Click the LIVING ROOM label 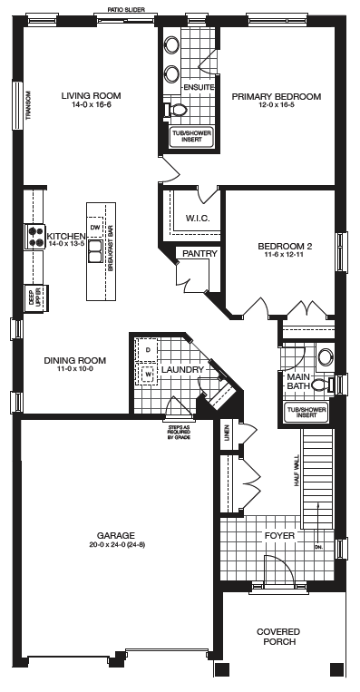[91, 96]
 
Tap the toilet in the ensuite [176, 110]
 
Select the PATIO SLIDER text [126, 9]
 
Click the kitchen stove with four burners [34, 237]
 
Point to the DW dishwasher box [95, 228]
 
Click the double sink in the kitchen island [95, 250]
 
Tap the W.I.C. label [198, 219]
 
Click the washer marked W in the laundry [148, 375]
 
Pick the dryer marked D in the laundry [148, 350]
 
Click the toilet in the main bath [323, 385]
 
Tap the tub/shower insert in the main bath [306, 413]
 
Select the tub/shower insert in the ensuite [192, 136]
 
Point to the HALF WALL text [297, 471]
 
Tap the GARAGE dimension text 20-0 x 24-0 [117, 545]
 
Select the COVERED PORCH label [278, 637]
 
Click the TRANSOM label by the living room [28, 105]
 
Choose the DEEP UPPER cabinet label [34, 298]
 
